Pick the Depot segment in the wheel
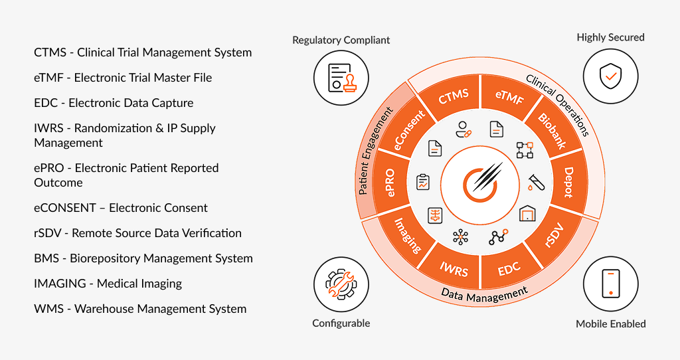tap(568, 182)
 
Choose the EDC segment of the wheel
tap(509, 268)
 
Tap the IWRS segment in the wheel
tap(454, 268)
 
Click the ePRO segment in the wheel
tap(390, 183)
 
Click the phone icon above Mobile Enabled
tap(610, 283)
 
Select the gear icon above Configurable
tap(341, 283)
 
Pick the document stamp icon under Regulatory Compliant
tap(341, 77)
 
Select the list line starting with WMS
tap(140, 309)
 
